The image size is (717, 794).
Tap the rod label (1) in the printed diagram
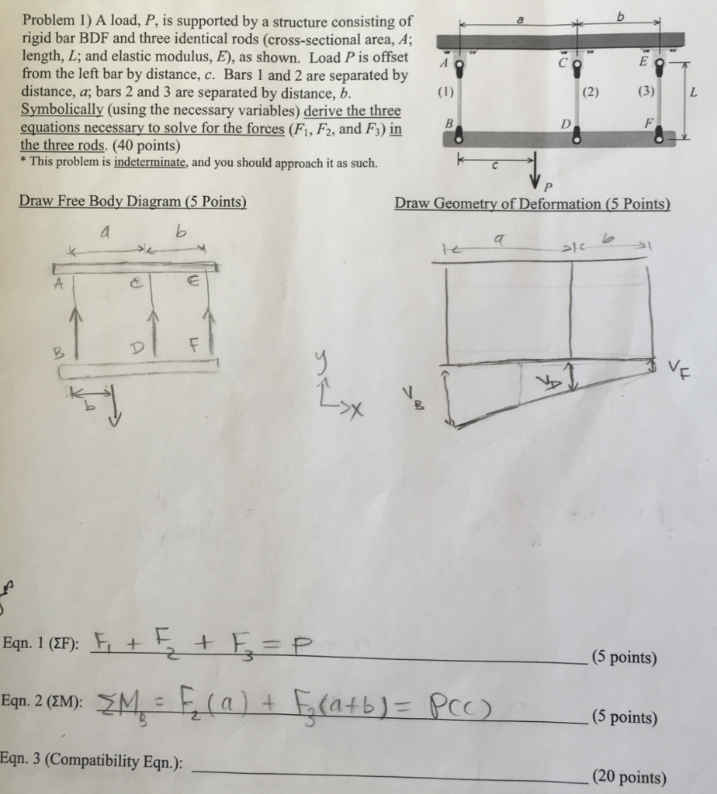coord(444,91)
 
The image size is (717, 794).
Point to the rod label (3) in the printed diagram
coord(645,91)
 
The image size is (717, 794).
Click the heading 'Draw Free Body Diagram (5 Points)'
coord(133,202)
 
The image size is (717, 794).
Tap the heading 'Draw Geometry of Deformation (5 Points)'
coord(532,203)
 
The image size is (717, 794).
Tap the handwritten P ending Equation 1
coord(303,644)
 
